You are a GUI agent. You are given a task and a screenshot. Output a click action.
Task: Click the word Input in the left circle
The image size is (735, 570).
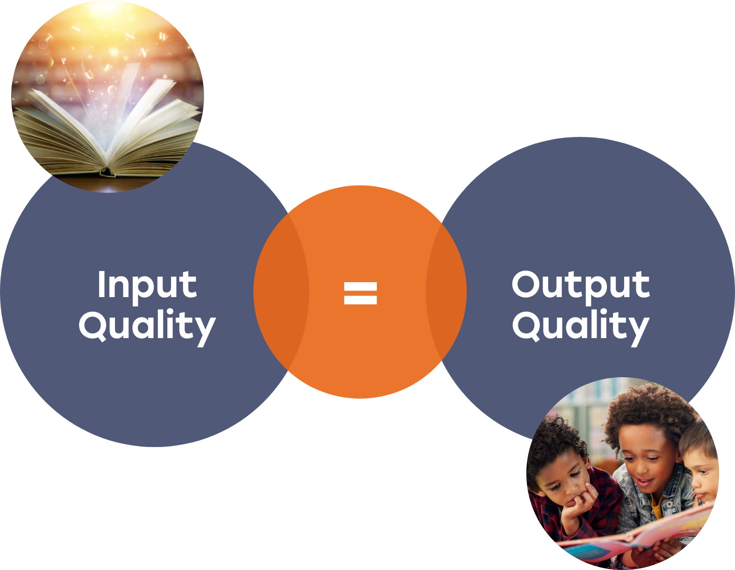tap(147, 288)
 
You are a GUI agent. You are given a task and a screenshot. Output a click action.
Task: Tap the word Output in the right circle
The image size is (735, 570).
tap(581, 288)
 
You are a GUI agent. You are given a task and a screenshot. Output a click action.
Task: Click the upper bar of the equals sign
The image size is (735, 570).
tap(360, 286)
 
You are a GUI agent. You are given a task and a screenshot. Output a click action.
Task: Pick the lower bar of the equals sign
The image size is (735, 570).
tap(360, 300)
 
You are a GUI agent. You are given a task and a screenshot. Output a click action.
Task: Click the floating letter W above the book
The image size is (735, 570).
tap(163, 36)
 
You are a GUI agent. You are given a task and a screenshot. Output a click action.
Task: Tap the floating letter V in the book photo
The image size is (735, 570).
tap(76, 28)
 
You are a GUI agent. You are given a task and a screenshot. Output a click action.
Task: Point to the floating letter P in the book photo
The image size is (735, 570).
tap(63, 61)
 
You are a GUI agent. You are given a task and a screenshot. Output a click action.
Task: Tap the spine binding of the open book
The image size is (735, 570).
tap(108, 171)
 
